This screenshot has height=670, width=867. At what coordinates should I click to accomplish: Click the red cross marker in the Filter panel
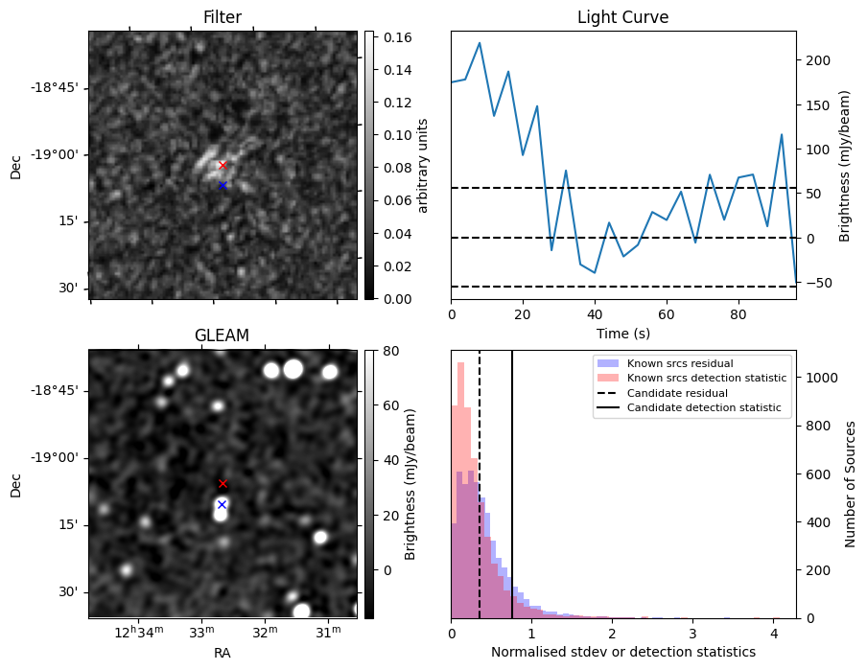click(x=223, y=165)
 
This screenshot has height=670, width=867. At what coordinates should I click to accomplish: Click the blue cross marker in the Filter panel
click(x=223, y=185)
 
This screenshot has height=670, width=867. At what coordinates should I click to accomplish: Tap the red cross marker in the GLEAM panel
click(x=223, y=484)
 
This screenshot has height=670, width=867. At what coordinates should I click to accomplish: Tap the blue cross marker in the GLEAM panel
click(x=222, y=504)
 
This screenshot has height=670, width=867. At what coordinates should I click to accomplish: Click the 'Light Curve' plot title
click(x=622, y=17)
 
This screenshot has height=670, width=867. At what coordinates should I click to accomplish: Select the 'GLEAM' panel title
click(x=222, y=335)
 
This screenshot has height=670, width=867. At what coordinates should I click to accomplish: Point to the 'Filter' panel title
click(x=222, y=17)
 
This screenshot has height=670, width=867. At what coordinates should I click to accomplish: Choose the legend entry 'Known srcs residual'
click(x=679, y=363)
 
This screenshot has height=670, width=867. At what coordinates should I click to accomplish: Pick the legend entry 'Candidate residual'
click(x=677, y=393)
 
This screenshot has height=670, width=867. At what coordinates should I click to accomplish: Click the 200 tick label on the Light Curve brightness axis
click(x=815, y=60)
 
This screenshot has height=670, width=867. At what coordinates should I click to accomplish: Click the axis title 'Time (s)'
click(x=622, y=332)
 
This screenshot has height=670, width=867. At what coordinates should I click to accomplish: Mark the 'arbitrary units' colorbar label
click(x=423, y=165)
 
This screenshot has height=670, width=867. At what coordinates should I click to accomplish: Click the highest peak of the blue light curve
click(x=480, y=42)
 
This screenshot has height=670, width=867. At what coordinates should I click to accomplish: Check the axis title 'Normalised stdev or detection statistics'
click(x=622, y=652)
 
